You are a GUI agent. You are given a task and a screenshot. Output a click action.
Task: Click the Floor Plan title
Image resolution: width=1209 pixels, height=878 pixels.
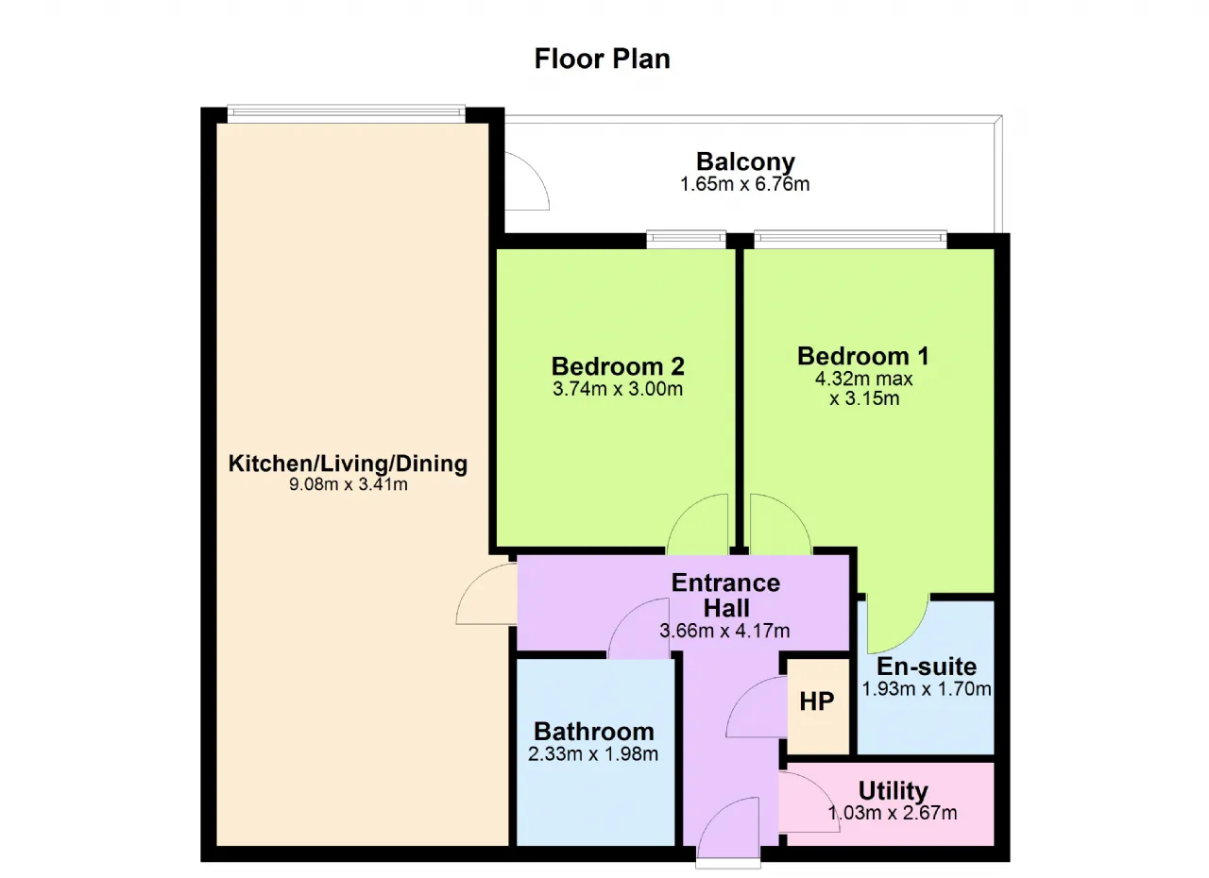[x=602, y=59]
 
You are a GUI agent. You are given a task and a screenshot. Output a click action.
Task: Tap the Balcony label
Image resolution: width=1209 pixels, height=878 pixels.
[x=745, y=161]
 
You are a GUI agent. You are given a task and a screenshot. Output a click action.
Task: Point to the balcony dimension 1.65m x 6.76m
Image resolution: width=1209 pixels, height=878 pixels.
[x=745, y=184]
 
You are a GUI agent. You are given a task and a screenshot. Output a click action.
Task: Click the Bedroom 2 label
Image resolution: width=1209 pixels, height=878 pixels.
[x=618, y=366]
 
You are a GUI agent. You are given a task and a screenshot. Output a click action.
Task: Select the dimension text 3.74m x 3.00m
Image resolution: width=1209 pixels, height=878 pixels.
[x=618, y=388]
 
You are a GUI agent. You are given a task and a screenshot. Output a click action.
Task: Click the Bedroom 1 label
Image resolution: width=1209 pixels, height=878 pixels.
[x=863, y=356]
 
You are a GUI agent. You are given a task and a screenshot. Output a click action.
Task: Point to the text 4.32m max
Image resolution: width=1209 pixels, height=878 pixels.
[x=863, y=379]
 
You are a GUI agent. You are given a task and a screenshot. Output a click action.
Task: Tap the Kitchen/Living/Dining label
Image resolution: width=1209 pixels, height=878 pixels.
[x=348, y=464]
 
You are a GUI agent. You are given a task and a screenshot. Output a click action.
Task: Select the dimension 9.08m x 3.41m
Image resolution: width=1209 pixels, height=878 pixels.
[x=349, y=484]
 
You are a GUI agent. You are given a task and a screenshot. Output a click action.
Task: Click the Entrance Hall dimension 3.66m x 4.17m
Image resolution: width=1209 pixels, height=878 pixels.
[x=724, y=631]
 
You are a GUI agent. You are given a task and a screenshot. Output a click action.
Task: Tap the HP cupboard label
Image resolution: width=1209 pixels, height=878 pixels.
[x=817, y=701]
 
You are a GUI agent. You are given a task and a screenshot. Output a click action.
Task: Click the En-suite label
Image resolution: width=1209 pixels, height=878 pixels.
[x=927, y=667]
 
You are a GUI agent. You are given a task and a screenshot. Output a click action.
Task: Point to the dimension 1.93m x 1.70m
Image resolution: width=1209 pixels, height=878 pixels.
[x=927, y=688]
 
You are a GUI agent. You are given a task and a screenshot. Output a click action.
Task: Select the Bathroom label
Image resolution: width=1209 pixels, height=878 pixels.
[x=594, y=732]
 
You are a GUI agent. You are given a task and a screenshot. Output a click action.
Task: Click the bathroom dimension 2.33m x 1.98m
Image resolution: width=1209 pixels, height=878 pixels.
[x=593, y=753]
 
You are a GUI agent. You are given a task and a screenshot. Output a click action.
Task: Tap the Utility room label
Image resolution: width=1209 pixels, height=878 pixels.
[x=894, y=790]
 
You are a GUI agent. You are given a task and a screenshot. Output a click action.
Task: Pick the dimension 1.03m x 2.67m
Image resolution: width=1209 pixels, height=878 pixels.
[x=893, y=812]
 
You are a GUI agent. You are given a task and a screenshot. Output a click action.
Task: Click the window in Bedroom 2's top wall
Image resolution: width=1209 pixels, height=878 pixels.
[x=686, y=240]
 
